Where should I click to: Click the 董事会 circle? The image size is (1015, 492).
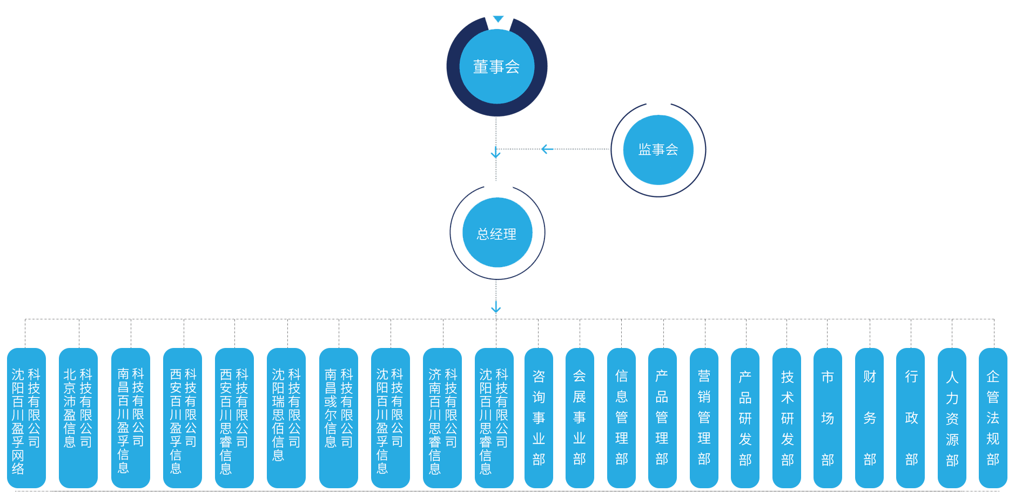pos(496,66)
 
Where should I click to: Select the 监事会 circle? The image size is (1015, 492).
pos(658,149)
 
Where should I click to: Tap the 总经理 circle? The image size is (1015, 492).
pos(497,233)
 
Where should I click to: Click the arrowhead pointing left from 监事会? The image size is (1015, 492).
pos(546,149)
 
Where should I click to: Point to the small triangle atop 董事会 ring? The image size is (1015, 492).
pos(498,19)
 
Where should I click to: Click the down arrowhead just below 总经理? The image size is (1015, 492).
pos(496,309)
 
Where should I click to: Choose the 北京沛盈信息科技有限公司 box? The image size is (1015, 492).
pos(78,418)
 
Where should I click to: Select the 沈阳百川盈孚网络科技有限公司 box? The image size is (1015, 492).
pos(26,418)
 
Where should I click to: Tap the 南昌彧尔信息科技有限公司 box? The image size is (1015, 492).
pos(339,418)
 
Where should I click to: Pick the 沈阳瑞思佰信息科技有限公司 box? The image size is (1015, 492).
pos(286,418)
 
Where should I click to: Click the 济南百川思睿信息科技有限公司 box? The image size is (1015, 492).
pos(442,418)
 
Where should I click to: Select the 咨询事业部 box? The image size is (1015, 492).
pos(539,418)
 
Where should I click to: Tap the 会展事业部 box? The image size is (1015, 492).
pos(580,418)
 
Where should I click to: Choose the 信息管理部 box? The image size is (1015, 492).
pos(621,418)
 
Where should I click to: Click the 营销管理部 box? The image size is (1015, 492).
pos(704,418)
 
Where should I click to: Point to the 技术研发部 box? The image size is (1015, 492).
pos(787,418)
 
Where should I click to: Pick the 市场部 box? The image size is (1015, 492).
pos(828,418)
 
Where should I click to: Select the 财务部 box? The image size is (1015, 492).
pos(869,418)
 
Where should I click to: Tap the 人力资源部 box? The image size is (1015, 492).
pos(952,418)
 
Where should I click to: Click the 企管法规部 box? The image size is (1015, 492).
pos(993,418)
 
